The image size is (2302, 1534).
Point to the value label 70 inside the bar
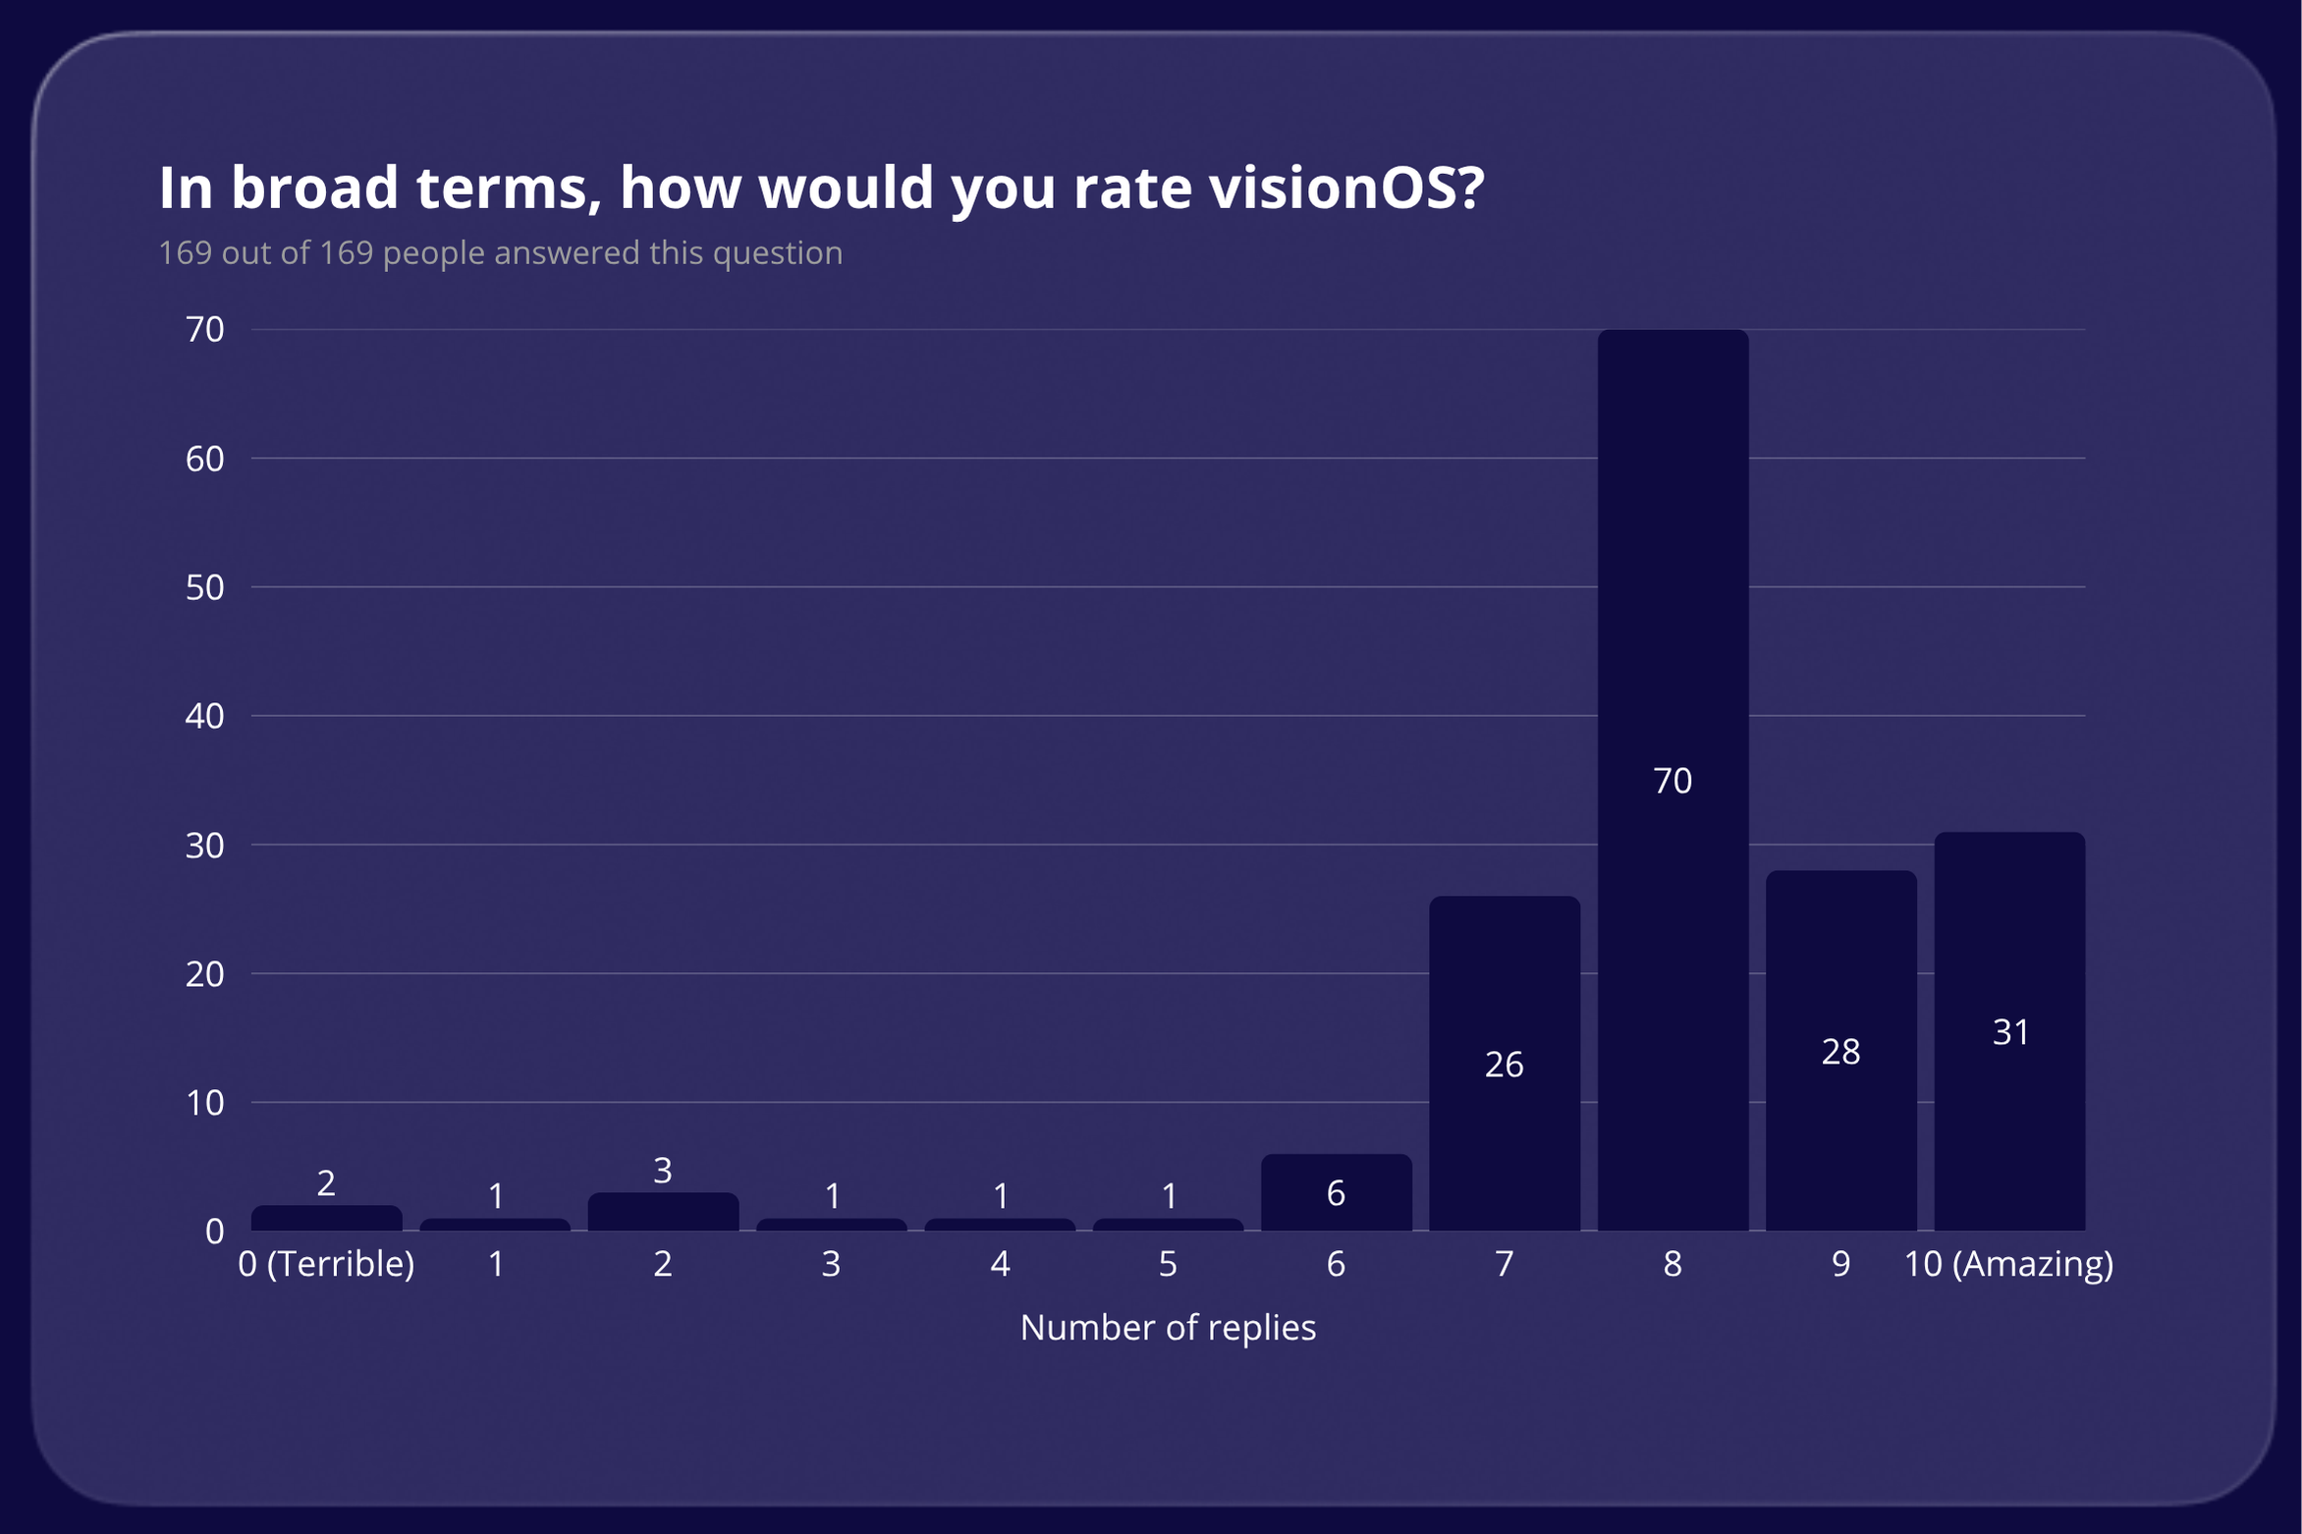click(x=1672, y=781)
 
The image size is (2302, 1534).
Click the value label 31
click(x=2010, y=1032)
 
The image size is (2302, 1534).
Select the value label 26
click(x=1504, y=1065)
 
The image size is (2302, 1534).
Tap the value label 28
click(x=1840, y=1052)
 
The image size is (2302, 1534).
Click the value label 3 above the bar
click(x=663, y=1171)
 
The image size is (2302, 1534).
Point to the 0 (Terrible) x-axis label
click(x=326, y=1264)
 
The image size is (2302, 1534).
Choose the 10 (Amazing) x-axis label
click(x=2008, y=1264)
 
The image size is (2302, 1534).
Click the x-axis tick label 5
click(x=1168, y=1264)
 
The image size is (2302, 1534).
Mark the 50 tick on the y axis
click(x=204, y=587)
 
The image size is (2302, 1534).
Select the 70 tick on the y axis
click(x=204, y=330)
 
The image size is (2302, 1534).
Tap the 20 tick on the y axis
click(x=204, y=974)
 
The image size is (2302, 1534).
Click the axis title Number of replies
click(x=1168, y=1328)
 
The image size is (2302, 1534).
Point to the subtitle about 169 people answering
click(x=500, y=253)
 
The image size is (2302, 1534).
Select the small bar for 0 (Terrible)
click(x=326, y=1218)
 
